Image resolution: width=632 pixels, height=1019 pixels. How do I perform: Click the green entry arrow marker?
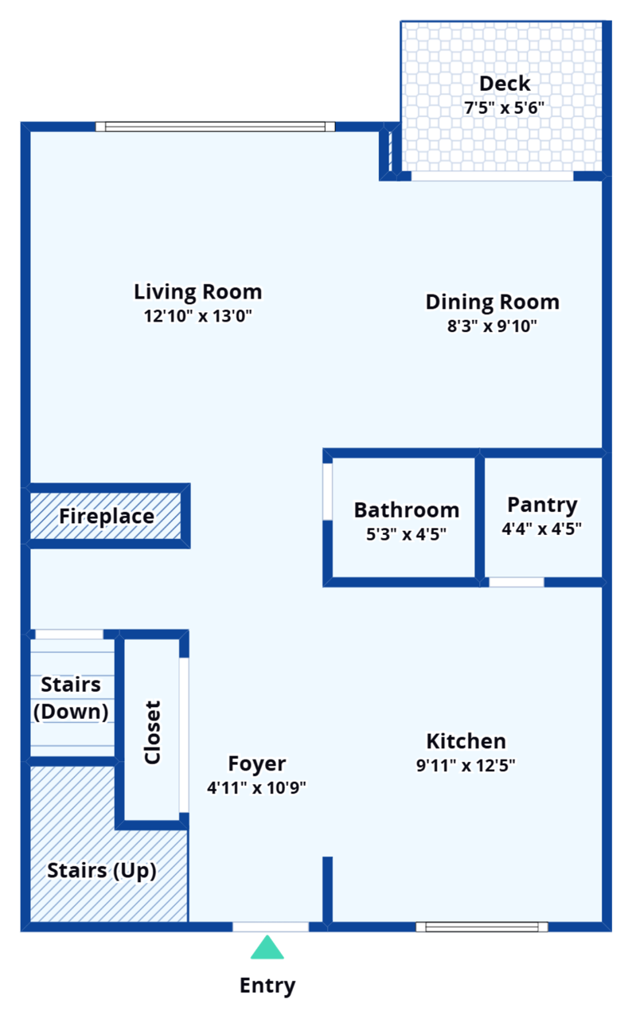(267, 948)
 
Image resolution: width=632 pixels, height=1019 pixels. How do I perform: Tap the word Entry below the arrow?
(268, 986)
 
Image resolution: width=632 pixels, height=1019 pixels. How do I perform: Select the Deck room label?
(505, 84)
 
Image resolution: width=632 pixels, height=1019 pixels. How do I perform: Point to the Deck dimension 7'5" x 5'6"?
(505, 108)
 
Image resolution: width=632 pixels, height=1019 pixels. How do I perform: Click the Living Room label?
(197, 291)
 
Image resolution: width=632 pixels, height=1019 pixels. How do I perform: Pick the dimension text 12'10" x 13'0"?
(197, 316)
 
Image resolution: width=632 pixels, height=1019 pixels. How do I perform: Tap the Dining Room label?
(492, 302)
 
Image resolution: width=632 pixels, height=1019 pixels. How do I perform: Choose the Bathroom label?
(406, 509)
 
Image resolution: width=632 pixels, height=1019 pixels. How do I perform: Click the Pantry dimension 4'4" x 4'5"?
(542, 528)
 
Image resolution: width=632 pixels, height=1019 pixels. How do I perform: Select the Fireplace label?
(107, 517)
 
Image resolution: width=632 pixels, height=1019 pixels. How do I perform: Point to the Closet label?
(152, 732)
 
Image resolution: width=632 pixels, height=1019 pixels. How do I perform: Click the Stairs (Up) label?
(102, 870)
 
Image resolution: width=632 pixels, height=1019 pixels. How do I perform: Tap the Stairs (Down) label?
(71, 698)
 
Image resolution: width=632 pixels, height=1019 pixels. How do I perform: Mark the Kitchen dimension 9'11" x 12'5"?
(466, 766)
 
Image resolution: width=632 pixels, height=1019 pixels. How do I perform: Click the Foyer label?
(257, 763)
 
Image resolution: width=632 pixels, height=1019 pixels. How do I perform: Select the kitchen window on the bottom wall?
(482, 927)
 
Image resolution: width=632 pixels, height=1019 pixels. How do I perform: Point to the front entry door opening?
(271, 927)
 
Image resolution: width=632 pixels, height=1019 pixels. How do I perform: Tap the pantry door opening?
(516, 582)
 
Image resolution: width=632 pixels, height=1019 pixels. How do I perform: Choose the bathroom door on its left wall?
(327, 491)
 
